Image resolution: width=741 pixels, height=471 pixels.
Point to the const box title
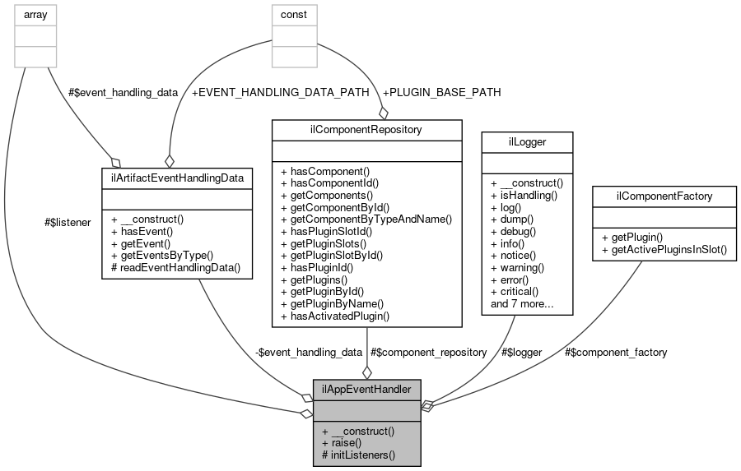(294, 13)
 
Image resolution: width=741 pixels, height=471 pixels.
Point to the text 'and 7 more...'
(520, 304)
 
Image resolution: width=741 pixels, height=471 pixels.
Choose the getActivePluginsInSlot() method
(664, 249)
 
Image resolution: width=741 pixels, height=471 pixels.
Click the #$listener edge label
(69, 223)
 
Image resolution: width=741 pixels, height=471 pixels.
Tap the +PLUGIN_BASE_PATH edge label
(441, 92)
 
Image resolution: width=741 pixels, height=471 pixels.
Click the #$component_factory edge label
(616, 352)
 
